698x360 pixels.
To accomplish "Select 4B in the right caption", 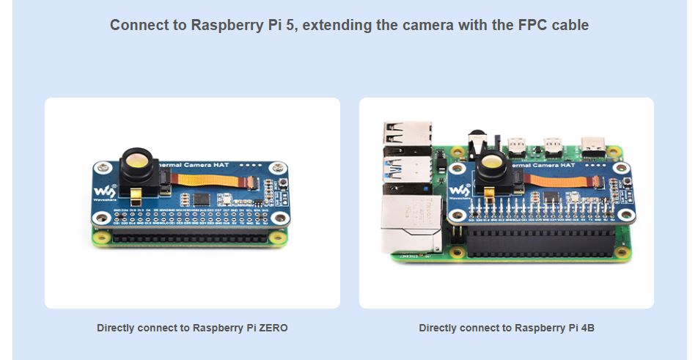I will [586, 328].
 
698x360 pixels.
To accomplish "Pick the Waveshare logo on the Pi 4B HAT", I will [459, 192].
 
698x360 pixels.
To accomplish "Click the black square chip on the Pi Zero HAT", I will [200, 199].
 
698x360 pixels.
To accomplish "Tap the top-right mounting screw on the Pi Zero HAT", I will [276, 168].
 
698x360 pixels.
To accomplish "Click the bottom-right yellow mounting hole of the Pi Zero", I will [276, 238].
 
